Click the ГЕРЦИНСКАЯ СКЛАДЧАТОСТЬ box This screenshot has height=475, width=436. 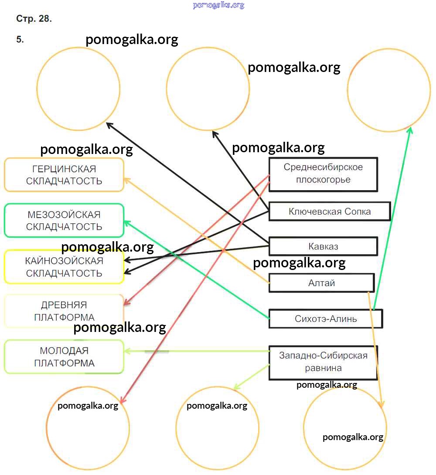click(x=64, y=175)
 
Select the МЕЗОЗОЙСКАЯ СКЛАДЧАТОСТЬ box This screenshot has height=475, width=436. click(x=64, y=221)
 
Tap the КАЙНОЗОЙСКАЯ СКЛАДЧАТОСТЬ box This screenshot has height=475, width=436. click(x=64, y=267)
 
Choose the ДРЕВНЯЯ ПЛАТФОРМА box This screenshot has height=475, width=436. click(x=64, y=311)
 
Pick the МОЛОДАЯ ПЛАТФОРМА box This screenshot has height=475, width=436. click(x=64, y=357)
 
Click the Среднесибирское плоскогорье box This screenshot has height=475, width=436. click(x=323, y=174)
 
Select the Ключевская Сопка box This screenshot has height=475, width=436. click(x=329, y=212)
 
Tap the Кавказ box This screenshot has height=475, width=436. click(x=323, y=246)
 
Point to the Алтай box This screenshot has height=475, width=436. click(x=321, y=283)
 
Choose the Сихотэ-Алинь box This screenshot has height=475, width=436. click(x=326, y=318)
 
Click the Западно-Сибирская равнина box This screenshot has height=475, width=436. click(x=323, y=362)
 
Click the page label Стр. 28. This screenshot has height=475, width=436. click(x=34, y=19)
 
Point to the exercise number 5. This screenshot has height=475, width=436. click(x=20, y=40)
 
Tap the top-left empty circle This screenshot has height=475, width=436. click(x=78, y=89)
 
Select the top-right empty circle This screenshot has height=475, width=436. click(x=389, y=90)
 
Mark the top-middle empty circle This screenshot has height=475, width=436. click(x=208, y=89)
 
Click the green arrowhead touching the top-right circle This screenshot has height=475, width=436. click(x=410, y=130)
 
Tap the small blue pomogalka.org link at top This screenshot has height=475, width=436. click(x=218, y=5)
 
